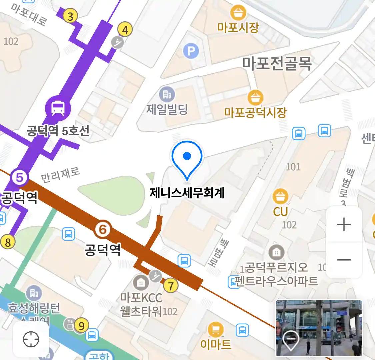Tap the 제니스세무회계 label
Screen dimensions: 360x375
187,193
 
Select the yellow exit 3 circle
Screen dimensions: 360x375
70,16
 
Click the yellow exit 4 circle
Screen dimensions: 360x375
125,30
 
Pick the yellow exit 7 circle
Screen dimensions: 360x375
171,286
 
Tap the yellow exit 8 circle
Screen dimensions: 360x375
8,242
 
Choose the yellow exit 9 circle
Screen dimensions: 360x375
82,325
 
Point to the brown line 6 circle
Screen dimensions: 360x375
103,229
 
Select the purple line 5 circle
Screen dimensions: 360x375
19,177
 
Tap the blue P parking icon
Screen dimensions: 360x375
191,51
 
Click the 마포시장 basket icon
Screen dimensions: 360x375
238,13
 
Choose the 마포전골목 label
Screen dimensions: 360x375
277,63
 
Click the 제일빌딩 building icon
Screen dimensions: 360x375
167,95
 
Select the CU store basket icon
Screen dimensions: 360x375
280,196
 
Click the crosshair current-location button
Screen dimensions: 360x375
31,340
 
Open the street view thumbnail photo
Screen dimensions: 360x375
319,328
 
